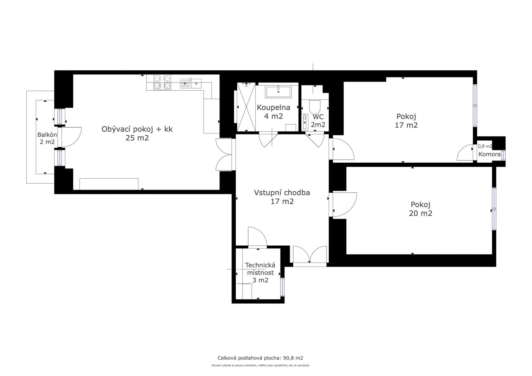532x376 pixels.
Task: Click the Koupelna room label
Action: tap(273, 108)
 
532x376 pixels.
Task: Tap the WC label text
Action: tap(318, 117)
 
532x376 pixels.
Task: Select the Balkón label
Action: tap(47, 135)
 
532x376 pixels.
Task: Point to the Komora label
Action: tap(489, 154)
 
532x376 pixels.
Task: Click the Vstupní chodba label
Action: tap(282, 193)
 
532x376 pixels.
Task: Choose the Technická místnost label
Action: tap(260, 269)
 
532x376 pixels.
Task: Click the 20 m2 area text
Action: tap(420, 213)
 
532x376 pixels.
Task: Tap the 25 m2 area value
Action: tap(137, 138)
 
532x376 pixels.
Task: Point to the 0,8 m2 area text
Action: tap(485, 146)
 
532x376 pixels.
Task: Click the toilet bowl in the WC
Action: tap(315, 107)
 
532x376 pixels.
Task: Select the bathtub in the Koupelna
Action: tap(278, 92)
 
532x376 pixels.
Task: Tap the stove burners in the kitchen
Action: tap(162, 82)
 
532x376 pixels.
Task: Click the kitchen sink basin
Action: tap(196, 83)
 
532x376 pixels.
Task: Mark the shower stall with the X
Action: tap(246, 107)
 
